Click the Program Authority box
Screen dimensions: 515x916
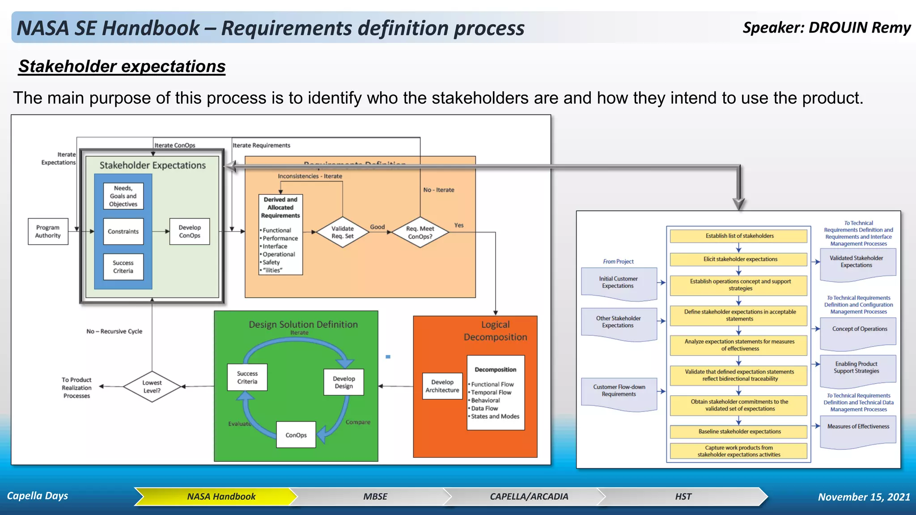click(x=48, y=232)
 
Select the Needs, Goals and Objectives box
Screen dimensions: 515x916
click(x=123, y=196)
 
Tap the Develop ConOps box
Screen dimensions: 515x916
click(x=190, y=232)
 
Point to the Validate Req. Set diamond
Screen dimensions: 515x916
click(x=343, y=232)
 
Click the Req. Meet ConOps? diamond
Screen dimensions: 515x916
click(x=420, y=232)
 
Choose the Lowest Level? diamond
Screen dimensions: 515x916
click(x=152, y=387)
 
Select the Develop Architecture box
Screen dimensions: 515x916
click(x=442, y=386)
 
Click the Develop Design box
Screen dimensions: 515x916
click(x=343, y=382)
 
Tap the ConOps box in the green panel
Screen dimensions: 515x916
click(x=296, y=435)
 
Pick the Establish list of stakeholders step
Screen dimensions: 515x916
click(x=739, y=236)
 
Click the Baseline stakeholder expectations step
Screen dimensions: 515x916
click(x=739, y=432)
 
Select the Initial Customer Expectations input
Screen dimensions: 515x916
click(x=619, y=283)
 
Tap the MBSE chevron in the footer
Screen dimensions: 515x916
click(x=375, y=497)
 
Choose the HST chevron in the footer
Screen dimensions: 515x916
click(x=683, y=497)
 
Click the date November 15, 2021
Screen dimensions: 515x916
click(x=864, y=497)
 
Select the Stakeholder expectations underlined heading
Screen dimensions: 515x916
click(x=122, y=67)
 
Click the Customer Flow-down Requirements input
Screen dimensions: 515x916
click(x=619, y=391)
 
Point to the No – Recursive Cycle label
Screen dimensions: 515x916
click(x=114, y=332)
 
